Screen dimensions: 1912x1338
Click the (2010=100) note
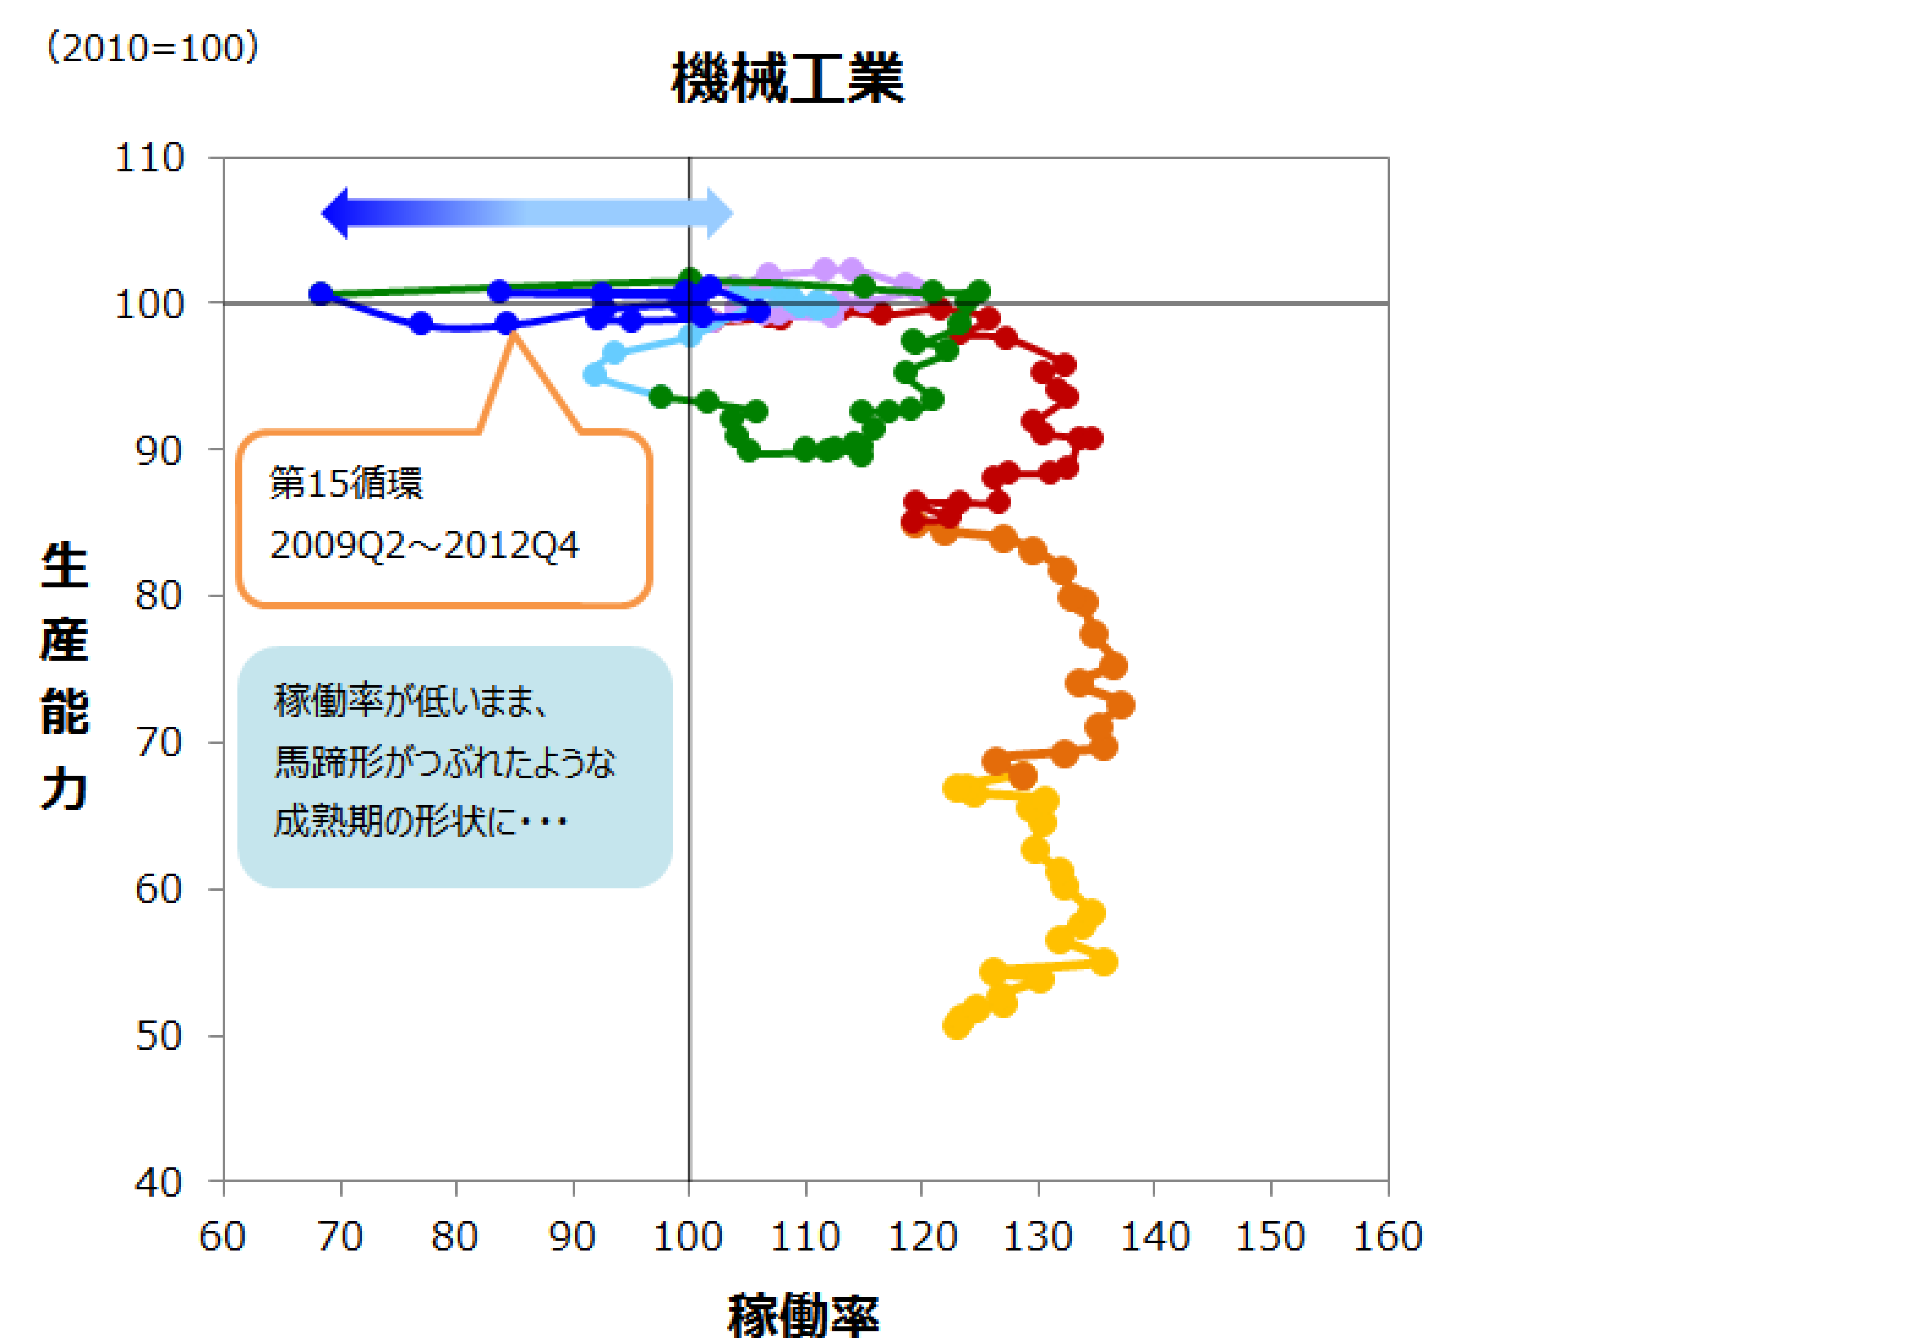(x=152, y=48)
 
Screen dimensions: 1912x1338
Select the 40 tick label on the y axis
(x=158, y=1183)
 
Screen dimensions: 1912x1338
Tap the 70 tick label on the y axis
(x=158, y=743)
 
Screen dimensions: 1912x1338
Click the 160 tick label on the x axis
(x=1388, y=1236)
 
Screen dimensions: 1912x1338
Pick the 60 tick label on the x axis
(x=222, y=1236)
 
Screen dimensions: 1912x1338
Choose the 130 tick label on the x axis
(x=1038, y=1236)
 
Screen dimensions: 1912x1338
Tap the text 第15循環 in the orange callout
(x=346, y=483)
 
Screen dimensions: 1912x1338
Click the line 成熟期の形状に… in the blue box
(x=420, y=822)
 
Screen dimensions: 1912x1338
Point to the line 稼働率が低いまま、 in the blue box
(x=411, y=701)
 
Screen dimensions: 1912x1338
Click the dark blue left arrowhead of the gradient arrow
(x=335, y=213)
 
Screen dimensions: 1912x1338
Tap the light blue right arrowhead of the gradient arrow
(x=720, y=213)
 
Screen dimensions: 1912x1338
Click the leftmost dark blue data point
(x=321, y=293)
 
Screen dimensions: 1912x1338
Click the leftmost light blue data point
(x=595, y=374)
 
